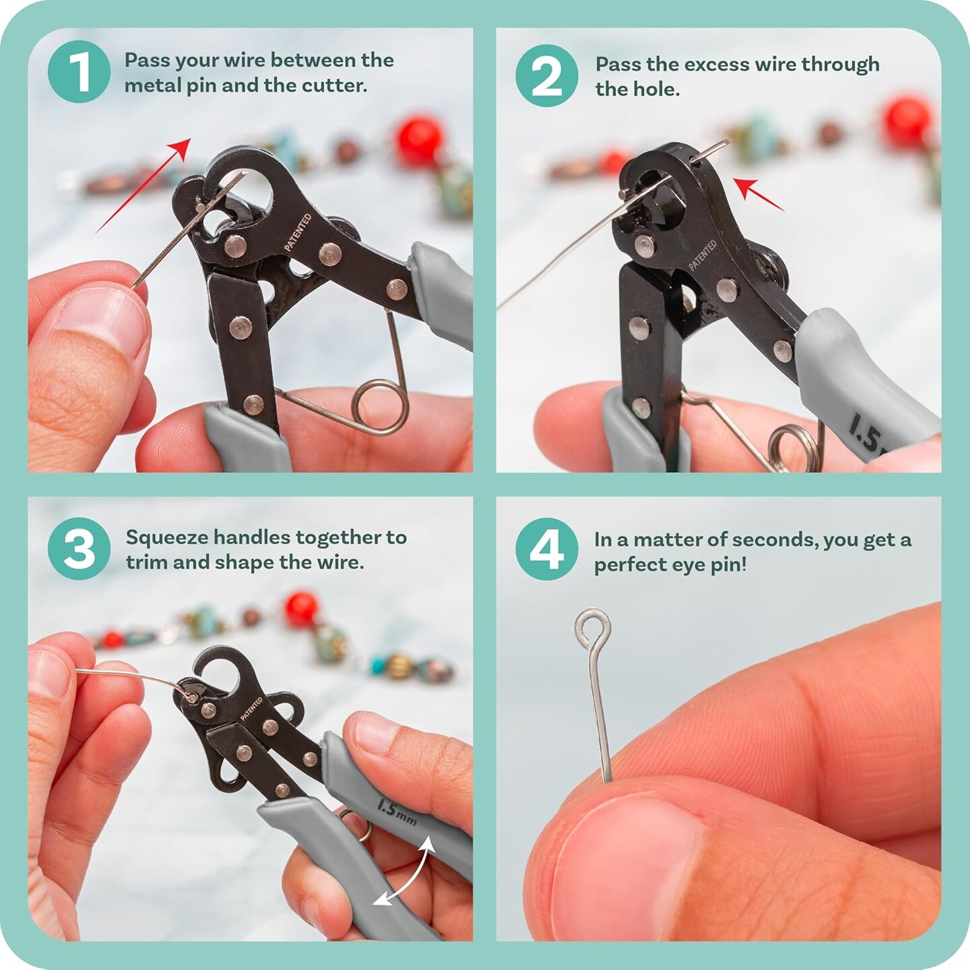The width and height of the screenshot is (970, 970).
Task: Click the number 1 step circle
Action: (79, 71)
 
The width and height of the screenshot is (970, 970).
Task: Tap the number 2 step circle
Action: (546, 75)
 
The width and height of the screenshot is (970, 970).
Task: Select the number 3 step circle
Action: (79, 548)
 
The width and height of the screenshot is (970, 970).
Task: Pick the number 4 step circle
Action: (546, 549)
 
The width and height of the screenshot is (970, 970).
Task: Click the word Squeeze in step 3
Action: (167, 537)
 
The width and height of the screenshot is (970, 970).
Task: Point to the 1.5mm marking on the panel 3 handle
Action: (397, 812)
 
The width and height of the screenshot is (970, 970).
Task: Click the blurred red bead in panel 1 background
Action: (418, 141)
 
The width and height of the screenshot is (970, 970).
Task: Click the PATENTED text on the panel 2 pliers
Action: (702, 255)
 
